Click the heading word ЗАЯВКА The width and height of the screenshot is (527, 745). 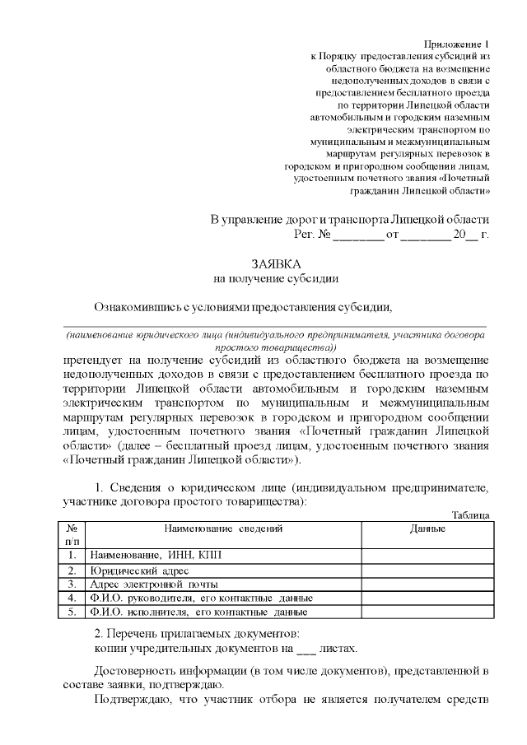276,263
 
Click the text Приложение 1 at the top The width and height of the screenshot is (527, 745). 456,43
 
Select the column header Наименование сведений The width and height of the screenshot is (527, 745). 224,528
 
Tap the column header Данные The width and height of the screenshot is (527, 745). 427,528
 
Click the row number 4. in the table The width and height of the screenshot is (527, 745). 72,598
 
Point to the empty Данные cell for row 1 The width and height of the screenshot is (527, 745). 427,556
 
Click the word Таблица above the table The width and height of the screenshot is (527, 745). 471,515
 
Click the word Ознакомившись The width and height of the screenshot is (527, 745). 135,308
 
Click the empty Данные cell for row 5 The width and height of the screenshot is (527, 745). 427,612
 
